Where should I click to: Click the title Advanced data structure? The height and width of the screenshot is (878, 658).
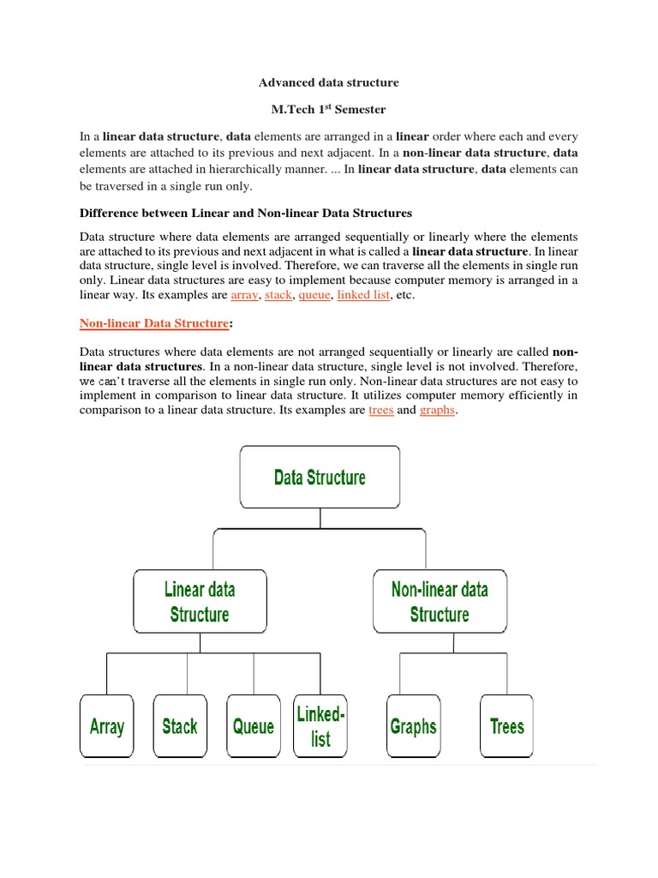329,83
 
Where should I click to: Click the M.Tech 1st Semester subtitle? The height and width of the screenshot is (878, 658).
329,110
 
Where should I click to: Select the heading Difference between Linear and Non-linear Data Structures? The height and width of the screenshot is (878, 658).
246,212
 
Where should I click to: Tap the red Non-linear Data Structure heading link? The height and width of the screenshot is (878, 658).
154,323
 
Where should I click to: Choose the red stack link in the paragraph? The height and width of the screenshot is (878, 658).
278,295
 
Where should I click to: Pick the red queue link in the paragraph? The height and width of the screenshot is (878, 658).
314,295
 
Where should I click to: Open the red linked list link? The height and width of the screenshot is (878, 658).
364,295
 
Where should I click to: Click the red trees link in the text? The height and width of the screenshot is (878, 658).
380,411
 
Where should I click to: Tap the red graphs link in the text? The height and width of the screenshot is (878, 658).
437,411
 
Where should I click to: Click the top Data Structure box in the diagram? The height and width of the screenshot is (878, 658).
320,477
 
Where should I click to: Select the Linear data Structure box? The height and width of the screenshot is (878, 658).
200,601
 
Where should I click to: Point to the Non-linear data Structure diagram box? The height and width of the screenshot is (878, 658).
440,601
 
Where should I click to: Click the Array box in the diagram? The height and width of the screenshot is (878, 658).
107,726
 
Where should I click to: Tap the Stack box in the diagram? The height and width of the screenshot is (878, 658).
180,726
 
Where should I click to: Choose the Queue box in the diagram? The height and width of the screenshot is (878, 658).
254,726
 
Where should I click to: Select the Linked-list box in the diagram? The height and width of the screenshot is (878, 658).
320,726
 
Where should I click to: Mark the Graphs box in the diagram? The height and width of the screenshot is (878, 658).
413,726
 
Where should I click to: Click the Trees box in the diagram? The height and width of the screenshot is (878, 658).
506,726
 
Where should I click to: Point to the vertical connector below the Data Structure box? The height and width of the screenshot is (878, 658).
320,519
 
